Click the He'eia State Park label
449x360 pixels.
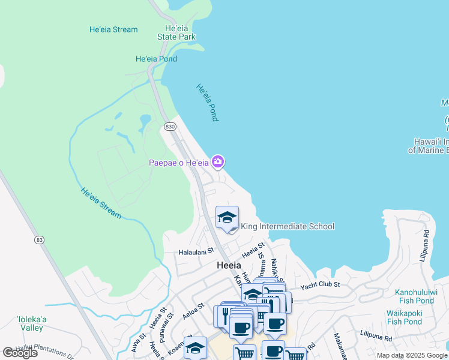[x=176, y=32]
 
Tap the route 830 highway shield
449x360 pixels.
[x=169, y=127]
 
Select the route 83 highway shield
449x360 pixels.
[x=40, y=239]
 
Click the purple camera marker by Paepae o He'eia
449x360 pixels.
[x=218, y=161]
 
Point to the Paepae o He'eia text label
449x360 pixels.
[x=178, y=163]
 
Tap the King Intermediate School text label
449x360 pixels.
[x=288, y=226]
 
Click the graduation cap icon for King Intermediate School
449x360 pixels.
[x=228, y=218]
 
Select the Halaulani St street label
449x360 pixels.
[x=196, y=253]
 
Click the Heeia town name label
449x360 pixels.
[x=228, y=265]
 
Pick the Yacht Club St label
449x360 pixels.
[x=321, y=284]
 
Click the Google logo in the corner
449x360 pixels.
[x=20, y=353]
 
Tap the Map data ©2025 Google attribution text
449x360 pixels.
[x=411, y=355]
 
